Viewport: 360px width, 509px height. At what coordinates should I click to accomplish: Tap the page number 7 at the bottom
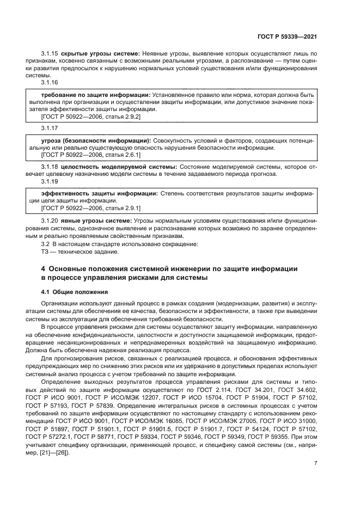(315, 463)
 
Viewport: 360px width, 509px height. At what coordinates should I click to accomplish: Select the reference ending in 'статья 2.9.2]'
(83, 116)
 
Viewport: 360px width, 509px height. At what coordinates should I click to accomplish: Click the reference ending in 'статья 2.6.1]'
(83, 155)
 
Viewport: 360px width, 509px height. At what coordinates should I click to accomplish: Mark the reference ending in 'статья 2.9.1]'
(83, 208)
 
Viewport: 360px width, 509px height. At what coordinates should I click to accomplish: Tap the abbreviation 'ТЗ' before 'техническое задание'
(45, 252)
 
